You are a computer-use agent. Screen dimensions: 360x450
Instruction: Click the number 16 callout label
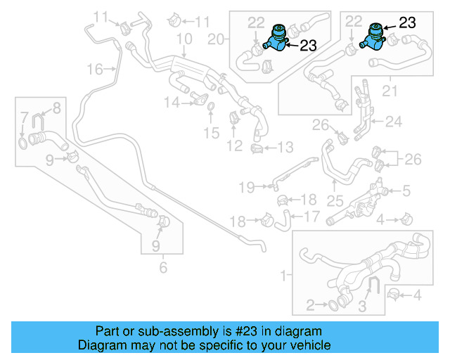[94, 68]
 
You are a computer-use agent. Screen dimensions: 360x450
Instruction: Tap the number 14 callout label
[172, 103]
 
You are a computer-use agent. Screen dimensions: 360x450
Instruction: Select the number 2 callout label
[311, 304]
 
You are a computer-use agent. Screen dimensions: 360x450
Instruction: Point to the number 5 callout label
[405, 190]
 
